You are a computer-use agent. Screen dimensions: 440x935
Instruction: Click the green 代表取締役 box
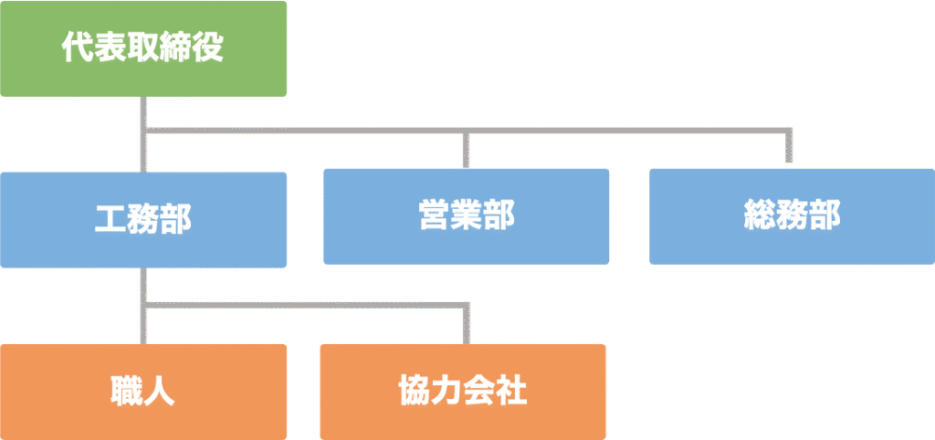[x=143, y=47]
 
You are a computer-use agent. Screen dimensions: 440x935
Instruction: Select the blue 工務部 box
[x=143, y=219]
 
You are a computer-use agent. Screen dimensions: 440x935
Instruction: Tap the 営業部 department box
[x=467, y=216]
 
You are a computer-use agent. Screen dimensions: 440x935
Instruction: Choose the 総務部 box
[x=792, y=216]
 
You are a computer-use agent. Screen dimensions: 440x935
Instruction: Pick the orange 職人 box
[x=143, y=392]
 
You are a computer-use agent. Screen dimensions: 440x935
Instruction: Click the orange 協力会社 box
[x=463, y=392]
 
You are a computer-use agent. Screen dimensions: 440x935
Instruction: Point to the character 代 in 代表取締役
[x=77, y=47]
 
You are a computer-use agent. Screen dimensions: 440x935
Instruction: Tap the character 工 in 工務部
[x=110, y=219]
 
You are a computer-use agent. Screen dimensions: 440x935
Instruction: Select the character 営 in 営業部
[x=434, y=216]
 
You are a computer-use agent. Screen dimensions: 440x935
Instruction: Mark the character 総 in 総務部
[x=759, y=216]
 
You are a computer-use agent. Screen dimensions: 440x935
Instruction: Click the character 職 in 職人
[x=126, y=392]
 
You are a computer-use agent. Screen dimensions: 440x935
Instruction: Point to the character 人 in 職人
[x=161, y=392]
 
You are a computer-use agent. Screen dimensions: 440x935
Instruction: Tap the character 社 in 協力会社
[x=512, y=392]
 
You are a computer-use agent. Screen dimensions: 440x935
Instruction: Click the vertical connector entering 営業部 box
[x=467, y=151]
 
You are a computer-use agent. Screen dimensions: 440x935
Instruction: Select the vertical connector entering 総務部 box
[x=791, y=148]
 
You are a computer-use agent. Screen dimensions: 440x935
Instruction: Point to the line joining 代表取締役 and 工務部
[x=144, y=133]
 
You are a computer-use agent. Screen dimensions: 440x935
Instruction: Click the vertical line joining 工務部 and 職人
[x=144, y=306]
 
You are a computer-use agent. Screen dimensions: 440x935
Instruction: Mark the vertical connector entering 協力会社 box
[x=468, y=325]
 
